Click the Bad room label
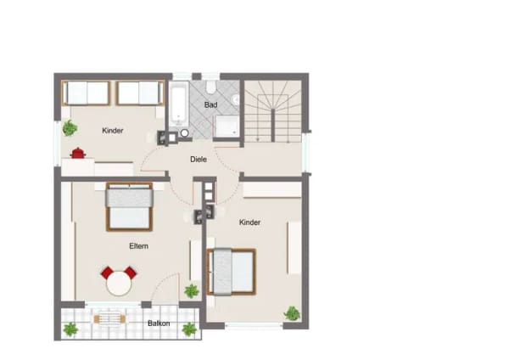210,105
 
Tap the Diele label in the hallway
199,160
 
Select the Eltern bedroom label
138,246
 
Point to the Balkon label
159,323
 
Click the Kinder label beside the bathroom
113,131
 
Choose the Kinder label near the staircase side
249,222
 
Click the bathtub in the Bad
178,104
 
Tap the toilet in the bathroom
210,87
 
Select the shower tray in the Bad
227,127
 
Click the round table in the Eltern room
119,284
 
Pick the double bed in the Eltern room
129,206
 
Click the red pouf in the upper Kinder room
77,153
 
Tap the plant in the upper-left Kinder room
70,127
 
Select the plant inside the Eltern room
192,291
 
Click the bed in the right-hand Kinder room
232,272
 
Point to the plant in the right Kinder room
292,313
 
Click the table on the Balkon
109,319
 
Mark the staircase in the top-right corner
273,111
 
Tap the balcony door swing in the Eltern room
164,287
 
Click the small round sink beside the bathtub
185,133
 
